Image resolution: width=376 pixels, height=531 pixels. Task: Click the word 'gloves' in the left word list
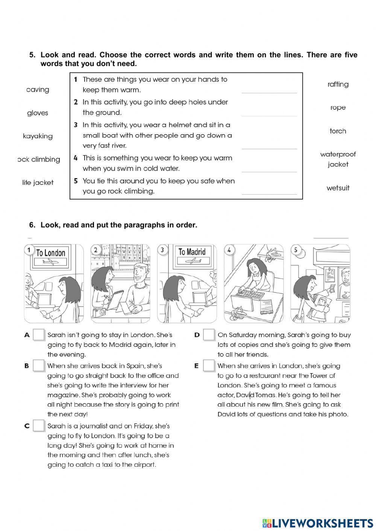(x=38, y=113)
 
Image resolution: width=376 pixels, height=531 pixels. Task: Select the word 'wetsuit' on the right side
(x=338, y=188)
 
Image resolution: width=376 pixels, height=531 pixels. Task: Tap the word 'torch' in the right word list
(x=338, y=131)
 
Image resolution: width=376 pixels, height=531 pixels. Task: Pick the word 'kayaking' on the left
(x=38, y=136)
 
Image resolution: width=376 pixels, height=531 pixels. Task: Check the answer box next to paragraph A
(x=39, y=335)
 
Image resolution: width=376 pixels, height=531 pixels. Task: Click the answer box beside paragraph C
(x=39, y=426)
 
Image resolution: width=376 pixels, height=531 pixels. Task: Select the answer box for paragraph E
(x=209, y=366)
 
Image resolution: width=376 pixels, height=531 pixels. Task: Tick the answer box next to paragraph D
(x=209, y=335)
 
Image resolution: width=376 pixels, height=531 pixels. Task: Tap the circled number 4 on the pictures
(x=229, y=250)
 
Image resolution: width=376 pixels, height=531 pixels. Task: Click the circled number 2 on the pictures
(x=96, y=250)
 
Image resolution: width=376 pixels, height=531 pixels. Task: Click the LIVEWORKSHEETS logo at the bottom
(x=318, y=523)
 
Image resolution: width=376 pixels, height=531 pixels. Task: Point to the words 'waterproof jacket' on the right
(x=338, y=159)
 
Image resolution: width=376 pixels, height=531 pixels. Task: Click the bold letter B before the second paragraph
(x=27, y=366)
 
